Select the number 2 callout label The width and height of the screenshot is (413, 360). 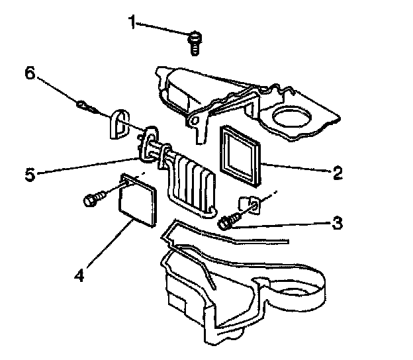(337, 173)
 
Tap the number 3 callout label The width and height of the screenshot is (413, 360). (337, 223)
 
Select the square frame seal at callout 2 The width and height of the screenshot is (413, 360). (241, 154)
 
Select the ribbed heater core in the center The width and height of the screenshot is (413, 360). (192, 182)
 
